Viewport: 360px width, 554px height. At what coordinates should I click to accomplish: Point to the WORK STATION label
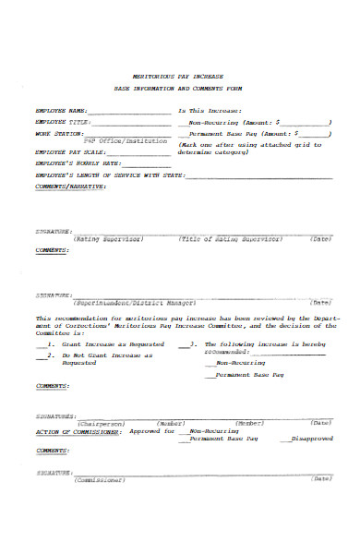[54, 133]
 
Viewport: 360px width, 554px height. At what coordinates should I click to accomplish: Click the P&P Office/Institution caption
[126, 140]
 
